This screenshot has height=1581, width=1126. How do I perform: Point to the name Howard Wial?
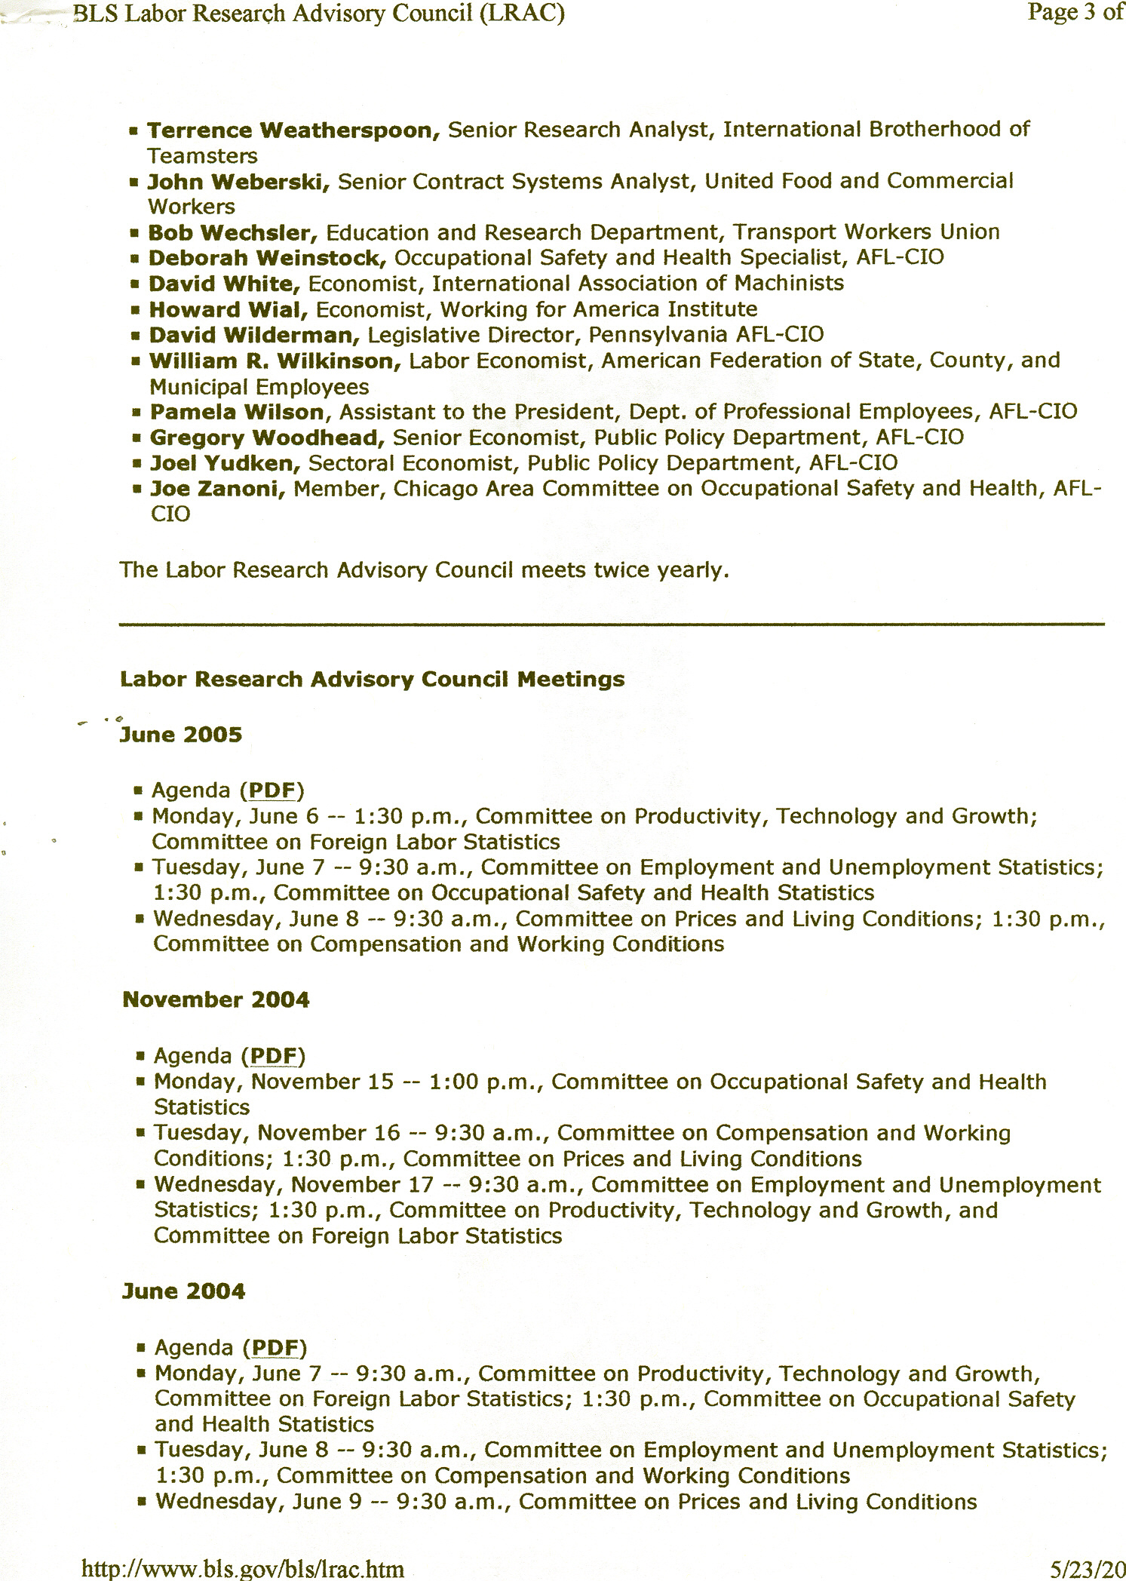click(x=229, y=309)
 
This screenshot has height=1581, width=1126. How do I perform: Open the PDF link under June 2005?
click(x=272, y=790)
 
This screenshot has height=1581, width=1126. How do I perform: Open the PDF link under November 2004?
click(x=273, y=1056)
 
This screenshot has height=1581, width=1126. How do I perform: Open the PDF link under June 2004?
click(x=275, y=1348)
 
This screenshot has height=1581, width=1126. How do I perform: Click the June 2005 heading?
click(x=182, y=735)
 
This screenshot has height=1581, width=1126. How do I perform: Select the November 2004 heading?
click(x=216, y=1000)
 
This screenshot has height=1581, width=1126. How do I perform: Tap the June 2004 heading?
click(x=184, y=1291)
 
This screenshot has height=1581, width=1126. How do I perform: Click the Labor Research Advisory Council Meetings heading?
click(x=372, y=680)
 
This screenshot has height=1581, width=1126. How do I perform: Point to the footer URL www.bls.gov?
click(x=242, y=1570)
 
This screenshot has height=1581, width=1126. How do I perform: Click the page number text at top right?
click(x=1075, y=14)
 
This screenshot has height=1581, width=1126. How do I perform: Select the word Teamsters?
click(x=202, y=156)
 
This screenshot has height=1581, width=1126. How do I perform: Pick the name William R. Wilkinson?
click(x=275, y=361)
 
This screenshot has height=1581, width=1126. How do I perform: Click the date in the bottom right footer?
click(x=1087, y=1570)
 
